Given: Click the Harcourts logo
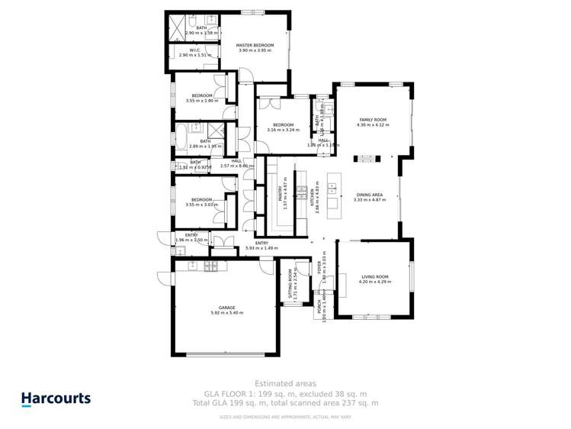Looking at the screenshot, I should click(x=56, y=398).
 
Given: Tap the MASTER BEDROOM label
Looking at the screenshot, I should click(x=255, y=45).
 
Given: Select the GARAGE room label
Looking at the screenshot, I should click(x=222, y=308).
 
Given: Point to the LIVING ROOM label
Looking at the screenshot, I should click(x=374, y=276).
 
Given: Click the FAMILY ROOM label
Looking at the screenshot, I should click(x=374, y=120).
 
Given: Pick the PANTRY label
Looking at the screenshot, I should click(x=280, y=196).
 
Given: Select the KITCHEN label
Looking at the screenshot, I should click(x=312, y=196).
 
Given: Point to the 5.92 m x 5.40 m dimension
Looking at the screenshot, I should click(x=222, y=313).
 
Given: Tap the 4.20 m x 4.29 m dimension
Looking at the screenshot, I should click(x=374, y=282).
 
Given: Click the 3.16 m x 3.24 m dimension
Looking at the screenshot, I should click(x=284, y=130).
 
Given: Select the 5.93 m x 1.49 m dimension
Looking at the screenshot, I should click(x=261, y=248).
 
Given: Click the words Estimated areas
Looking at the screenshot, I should click(x=285, y=383).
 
